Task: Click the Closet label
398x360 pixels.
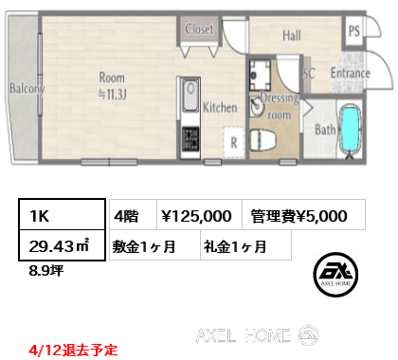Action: tap(200, 29)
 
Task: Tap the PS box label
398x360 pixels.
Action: tap(353, 28)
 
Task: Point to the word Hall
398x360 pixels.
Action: tap(291, 36)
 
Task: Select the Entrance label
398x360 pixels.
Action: tap(350, 73)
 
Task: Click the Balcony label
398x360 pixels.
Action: tap(27, 89)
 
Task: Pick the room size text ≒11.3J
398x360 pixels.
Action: tap(111, 93)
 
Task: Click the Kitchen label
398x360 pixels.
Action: tap(219, 108)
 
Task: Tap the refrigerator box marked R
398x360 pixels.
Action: tap(232, 143)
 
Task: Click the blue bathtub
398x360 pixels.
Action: tap(351, 132)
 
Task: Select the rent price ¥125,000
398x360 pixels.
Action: tap(197, 216)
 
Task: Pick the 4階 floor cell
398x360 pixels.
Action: tap(129, 216)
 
